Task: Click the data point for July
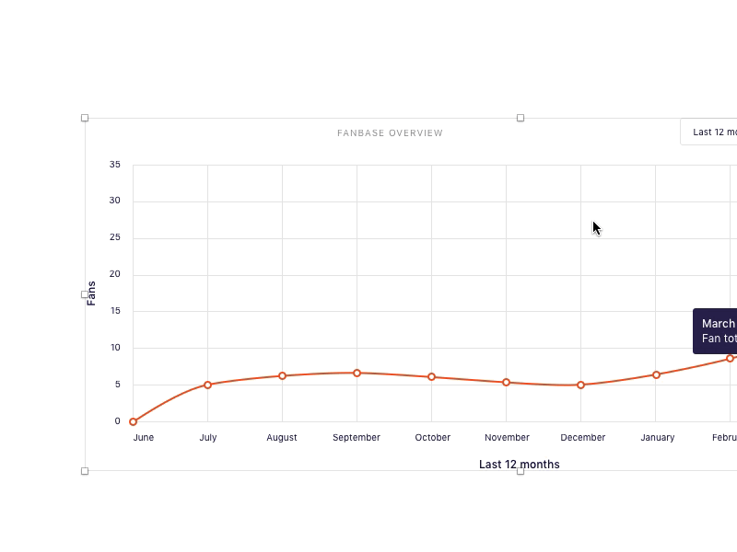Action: pyautogui.click(x=207, y=385)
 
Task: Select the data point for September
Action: pyautogui.click(x=357, y=373)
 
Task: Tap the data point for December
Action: pyautogui.click(x=580, y=385)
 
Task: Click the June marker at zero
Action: pyautogui.click(x=133, y=421)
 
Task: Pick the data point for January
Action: pyautogui.click(x=656, y=374)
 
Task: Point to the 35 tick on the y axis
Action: pyautogui.click(x=115, y=165)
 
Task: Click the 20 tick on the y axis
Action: pyautogui.click(x=115, y=274)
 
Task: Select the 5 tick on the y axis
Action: pyautogui.click(x=117, y=385)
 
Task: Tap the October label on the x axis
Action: pyautogui.click(x=432, y=438)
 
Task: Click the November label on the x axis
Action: pyautogui.click(x=507, y=438)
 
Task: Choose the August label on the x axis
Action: pyautogui.click(x=282, y=438)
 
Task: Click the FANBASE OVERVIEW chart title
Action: pyautogui.click(x=390, y=133)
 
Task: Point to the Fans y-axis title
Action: pyautogui.click(x=91, y=293)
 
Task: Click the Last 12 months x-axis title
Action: pyautogui.click(x=519, y=465)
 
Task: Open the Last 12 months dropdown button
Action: pyautogui.click(x=711, y=132)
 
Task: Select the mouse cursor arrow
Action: pyautogui.click(x=596, y=227)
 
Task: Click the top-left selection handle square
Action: pyautogui.click(x=85, y=118)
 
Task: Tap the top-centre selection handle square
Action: pyautogui.click(x=521, y=118)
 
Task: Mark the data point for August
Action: pyautogui.click(x=282, y=375)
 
